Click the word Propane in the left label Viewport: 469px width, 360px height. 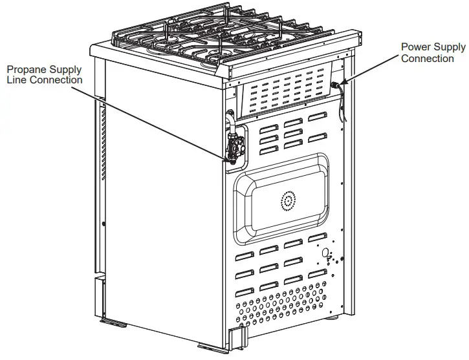point(24,69)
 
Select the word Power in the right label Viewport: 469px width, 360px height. point(415,47)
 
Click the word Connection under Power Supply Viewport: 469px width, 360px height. point(428,58)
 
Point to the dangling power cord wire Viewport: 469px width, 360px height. point(341,113)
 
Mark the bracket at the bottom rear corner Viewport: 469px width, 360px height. point(238,336)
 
